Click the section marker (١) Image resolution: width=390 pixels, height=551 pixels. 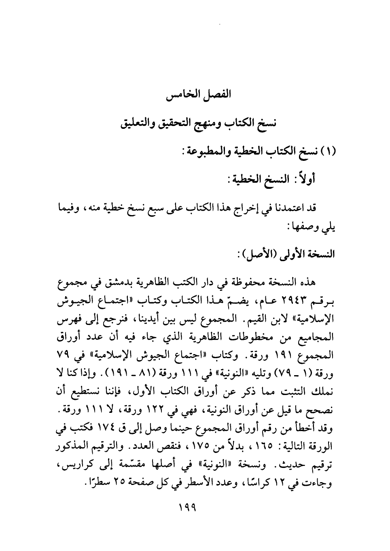click(331, 154)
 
